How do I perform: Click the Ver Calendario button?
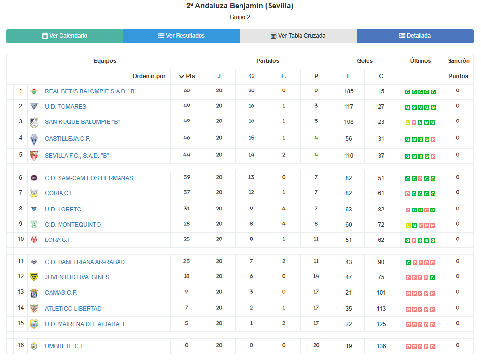click(64, 36)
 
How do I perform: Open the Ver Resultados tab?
click(181, 36)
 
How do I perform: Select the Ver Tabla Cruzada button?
click(298, 36)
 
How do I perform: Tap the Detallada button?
click(415, 36)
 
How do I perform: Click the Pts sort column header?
click(187, 76)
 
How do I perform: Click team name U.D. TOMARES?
click(65, 107)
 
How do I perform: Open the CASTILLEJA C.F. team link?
click(67, 139)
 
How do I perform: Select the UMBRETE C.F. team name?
click(64, 346)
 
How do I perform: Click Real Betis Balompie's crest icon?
click(34, 91)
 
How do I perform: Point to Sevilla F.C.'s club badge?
click(34, 155)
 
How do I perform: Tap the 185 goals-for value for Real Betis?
click(349, 91)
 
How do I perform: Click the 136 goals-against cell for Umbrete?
click(381, 346)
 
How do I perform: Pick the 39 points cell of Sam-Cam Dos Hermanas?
click(187, 177)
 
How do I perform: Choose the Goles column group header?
click(364, 61)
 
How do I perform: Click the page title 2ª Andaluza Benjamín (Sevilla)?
click(240, 6)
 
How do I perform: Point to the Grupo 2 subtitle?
click(240, 17)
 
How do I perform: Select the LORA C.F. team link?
click(58, 240)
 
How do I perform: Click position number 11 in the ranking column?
click(21, 261)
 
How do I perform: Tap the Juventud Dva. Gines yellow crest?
click(34, 277)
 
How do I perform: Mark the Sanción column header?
click(458, 61)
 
